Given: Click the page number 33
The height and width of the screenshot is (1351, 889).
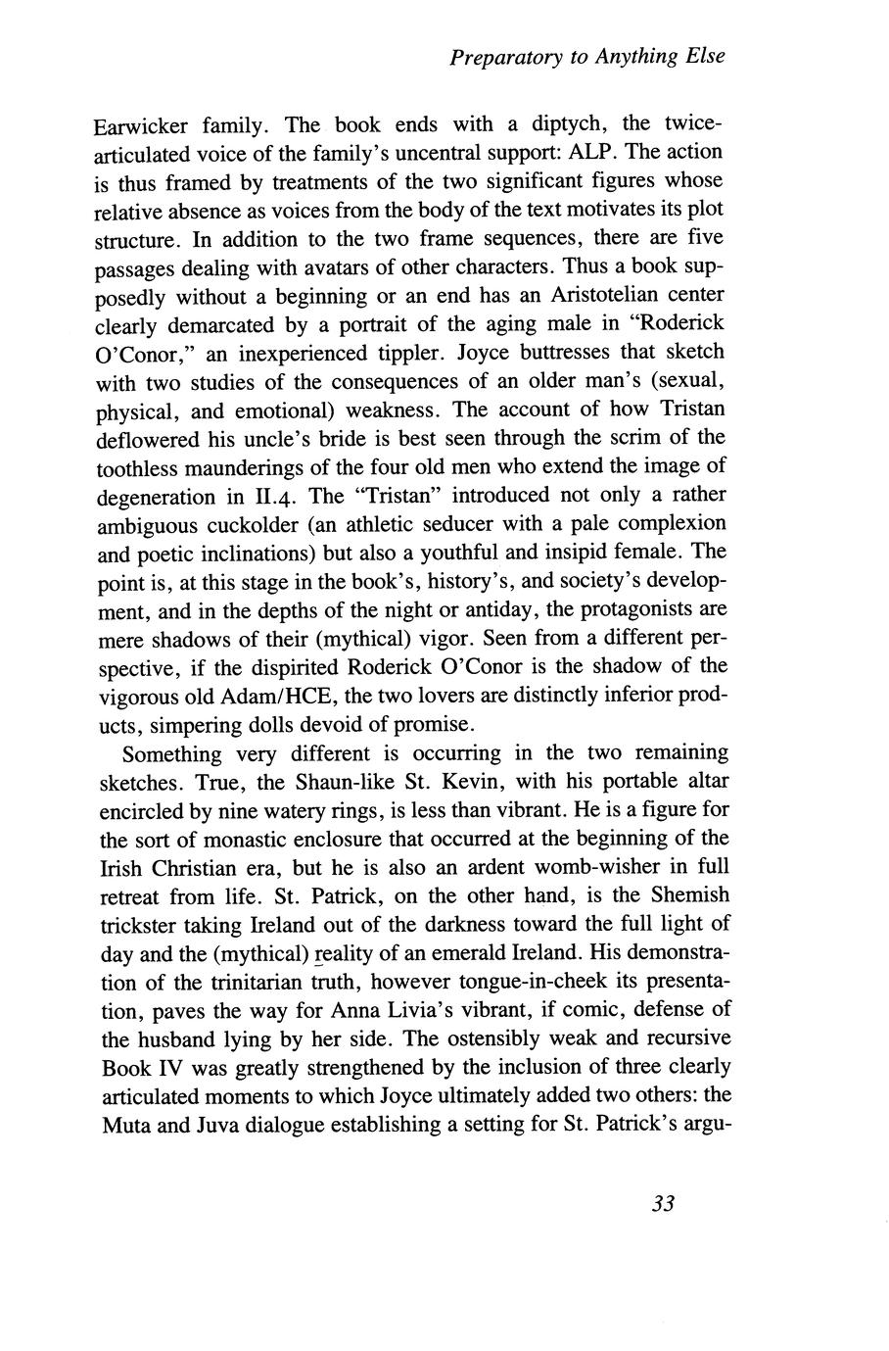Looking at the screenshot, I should tap(664, 1204).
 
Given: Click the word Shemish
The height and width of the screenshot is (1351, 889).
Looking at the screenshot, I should tap(683, 895).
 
